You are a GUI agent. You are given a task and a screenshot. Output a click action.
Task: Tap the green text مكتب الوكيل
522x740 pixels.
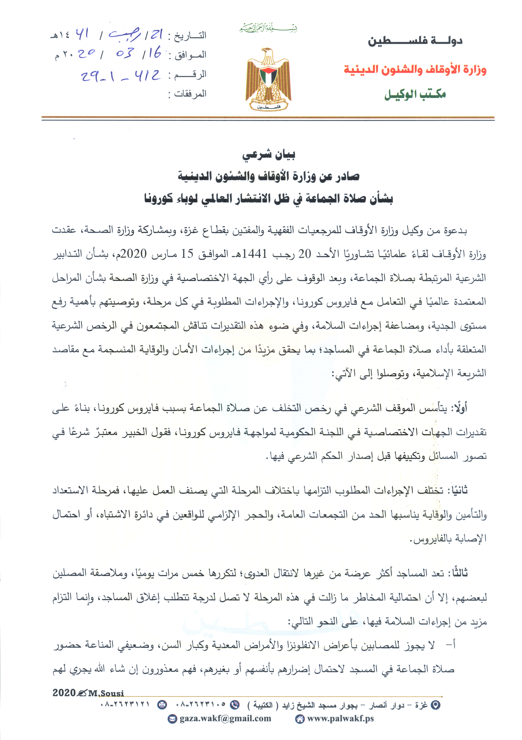click(415, 94)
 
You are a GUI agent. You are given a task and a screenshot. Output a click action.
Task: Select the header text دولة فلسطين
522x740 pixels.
click(415, 41)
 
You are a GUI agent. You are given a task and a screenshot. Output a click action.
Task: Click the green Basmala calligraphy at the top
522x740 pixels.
click(268, 28)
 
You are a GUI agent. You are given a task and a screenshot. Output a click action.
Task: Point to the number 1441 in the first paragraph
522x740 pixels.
click(254, 254)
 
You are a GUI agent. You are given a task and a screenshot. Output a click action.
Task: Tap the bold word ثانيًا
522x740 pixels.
click(456, 491)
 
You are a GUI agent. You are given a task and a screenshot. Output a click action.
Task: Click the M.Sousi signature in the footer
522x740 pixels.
click(106, 693)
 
